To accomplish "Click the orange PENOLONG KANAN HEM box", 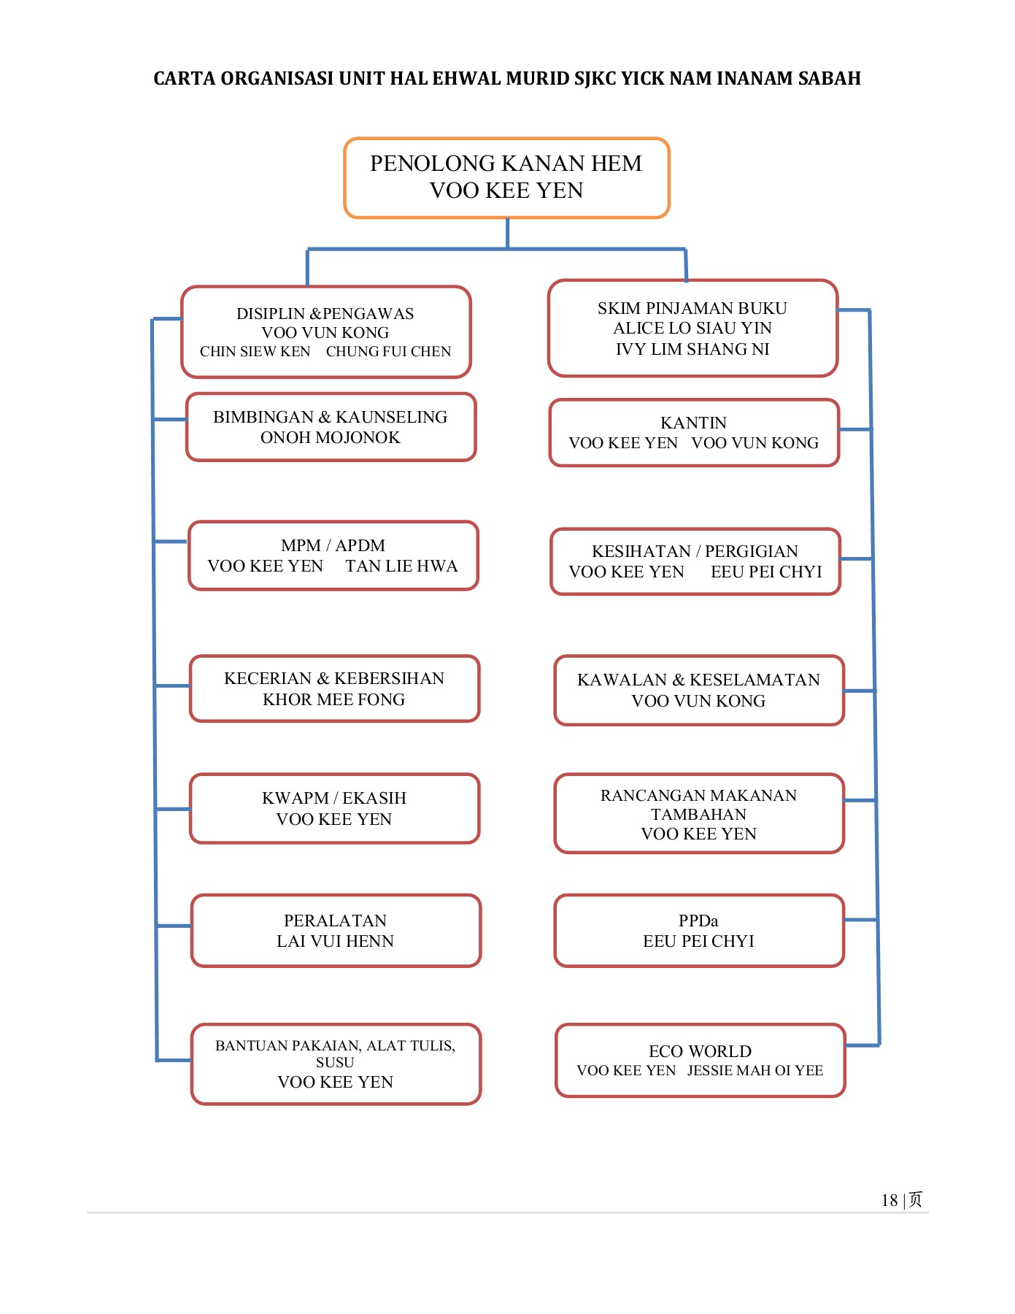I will (506, 177).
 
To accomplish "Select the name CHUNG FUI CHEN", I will (388, 351).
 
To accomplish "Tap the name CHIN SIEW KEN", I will (255, 351).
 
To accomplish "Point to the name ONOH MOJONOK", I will (330, 437).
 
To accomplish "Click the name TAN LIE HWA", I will (401, 566).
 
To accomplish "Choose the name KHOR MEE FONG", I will (333, 699).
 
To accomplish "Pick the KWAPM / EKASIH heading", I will (333, 798).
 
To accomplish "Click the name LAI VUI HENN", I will (335, 941).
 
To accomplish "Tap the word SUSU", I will (335, 1062).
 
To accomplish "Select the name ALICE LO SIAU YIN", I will (692, 328).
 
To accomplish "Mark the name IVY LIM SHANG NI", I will (692, 349).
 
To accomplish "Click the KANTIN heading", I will (693, 423).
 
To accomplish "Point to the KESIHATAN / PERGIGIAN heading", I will (695, 551).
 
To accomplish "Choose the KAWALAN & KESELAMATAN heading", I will (698, 680).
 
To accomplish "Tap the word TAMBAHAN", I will (698, 814).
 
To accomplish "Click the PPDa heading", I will (698, 921).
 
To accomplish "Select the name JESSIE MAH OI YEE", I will (755, 1070).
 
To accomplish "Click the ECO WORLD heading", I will (700, 1051).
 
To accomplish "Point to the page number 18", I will (889, 1200).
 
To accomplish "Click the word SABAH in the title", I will (829, 78).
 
